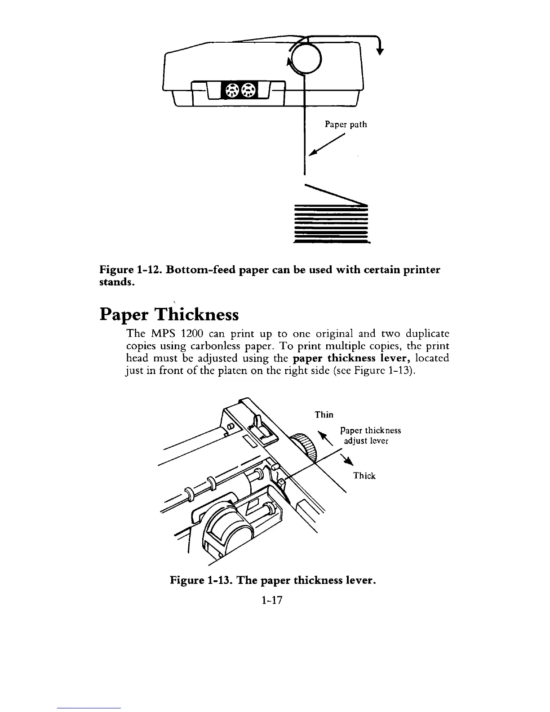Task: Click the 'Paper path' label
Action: tap(346, 125)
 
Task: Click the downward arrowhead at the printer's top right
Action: tap(380, 50)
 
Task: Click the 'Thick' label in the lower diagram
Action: tap(364, 476)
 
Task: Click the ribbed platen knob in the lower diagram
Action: tap(305, 448)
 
